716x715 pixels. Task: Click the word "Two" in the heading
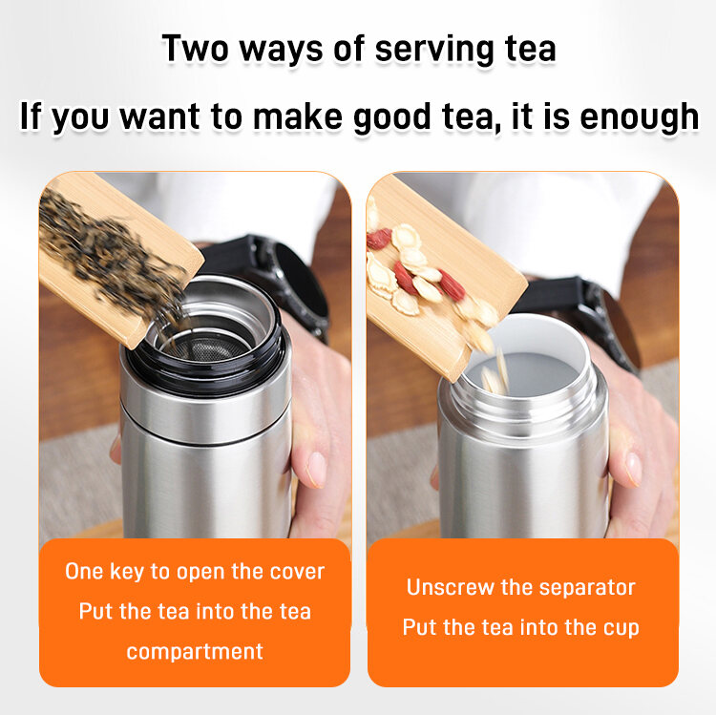(195, 49)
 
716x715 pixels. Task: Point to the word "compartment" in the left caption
(195, 652)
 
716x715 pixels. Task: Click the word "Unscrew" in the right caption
(450, 587)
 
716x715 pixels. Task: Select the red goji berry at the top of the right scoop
(379, 239)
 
